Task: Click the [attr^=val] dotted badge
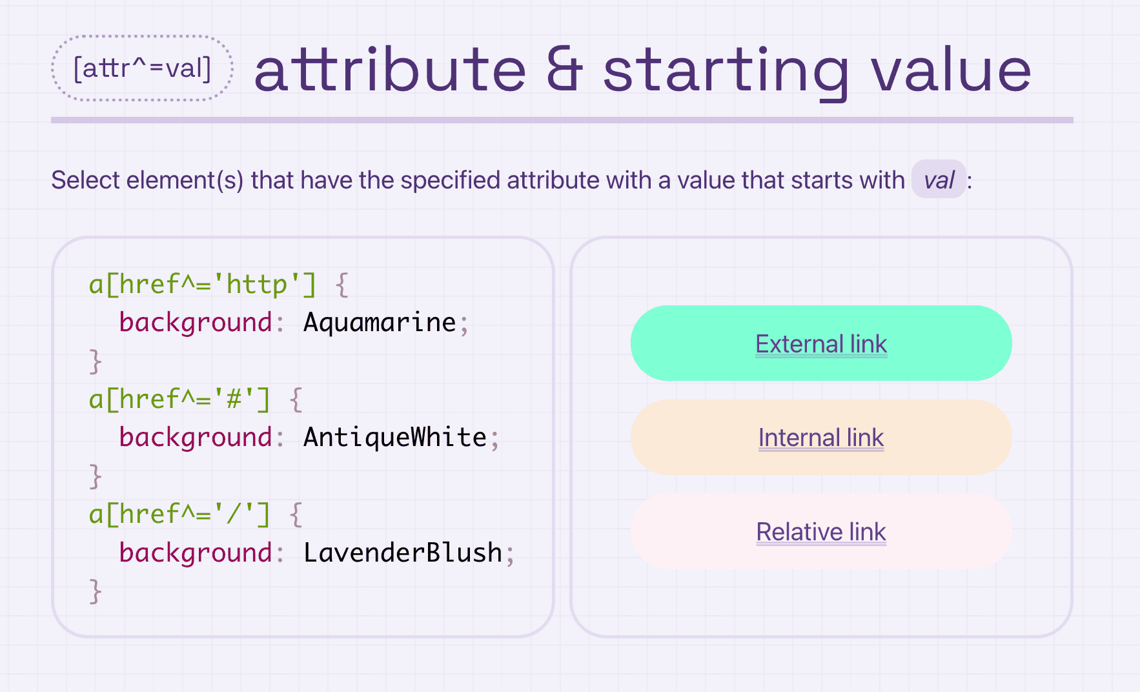click(142, 68)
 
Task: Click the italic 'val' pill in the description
click(939, 179)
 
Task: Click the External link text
click(821, 343)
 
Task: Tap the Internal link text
click(821, 438)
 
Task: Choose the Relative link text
click(821, 532)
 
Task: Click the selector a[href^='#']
click(179, 400)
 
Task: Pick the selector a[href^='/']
click(179, 514)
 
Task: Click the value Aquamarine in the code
click(380, 322)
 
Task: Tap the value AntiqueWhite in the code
click(395, 437)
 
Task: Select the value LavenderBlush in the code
click(403, 553)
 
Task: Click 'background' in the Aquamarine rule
click(196, 323)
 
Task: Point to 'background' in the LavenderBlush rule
click(196, 553)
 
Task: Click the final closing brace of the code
click(96, 591)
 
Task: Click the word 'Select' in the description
click(86, 179)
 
